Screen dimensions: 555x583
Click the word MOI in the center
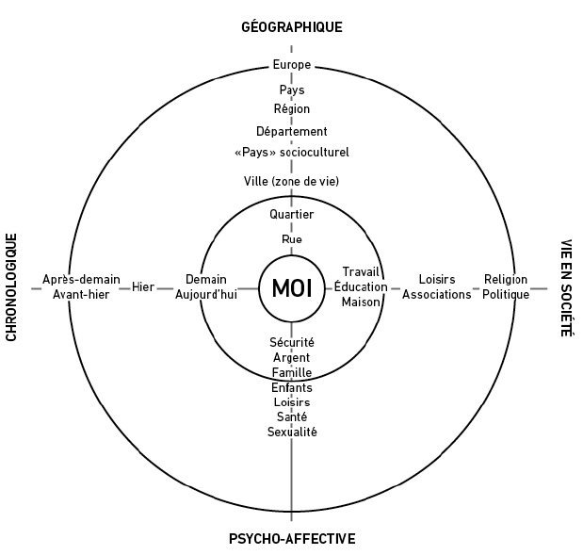[x=292, y=286]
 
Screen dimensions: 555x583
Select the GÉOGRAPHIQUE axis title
[x=292, y=26]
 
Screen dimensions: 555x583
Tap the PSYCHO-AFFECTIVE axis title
[x=292, y=539]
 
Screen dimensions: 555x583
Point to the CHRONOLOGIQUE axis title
[x=12, y=286]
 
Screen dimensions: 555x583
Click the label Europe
[x=292, y=65]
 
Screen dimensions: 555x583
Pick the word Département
[x=292, y=131]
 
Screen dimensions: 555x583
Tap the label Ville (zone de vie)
[x=292, y=180]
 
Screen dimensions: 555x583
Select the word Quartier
[x=292, y=215]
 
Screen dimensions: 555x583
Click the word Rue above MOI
[x=292, y=239]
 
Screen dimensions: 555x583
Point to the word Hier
[x=143, y=286]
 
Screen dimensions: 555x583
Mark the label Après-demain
[x=82, y=280]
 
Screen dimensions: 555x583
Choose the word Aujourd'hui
[x=206, y=294]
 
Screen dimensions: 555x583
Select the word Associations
[x=436, y=294]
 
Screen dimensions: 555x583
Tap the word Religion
[x=506, y=280]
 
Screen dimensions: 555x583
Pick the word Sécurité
[x=292, y=342]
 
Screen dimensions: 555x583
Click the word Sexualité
[x=292, y=432]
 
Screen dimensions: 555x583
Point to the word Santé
[x=292, y=416]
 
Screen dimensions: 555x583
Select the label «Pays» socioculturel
[x=292, y=152]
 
